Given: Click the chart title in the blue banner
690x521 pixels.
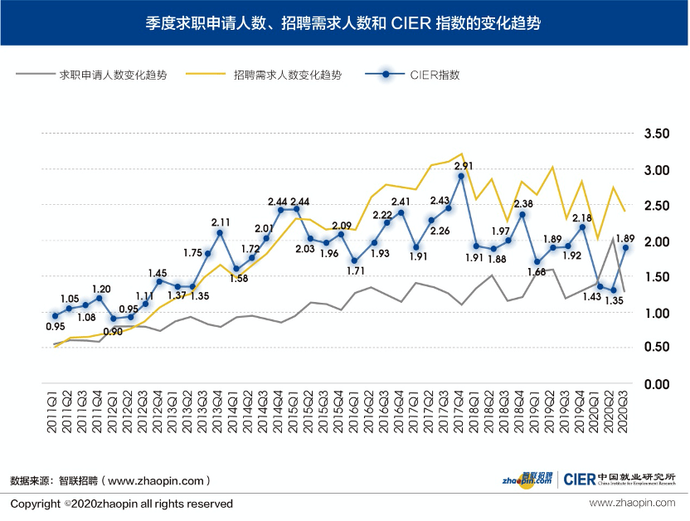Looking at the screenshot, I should (x=344, y=22).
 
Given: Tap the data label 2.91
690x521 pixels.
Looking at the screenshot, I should (x=464, y=166).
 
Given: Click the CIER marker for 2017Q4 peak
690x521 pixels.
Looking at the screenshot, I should (x=461, y=177).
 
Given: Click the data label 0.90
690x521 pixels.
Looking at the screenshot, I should (x=113, y=331).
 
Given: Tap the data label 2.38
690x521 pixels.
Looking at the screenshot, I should (x=523, y=204).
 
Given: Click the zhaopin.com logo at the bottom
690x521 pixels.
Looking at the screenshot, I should (x=526, y=479).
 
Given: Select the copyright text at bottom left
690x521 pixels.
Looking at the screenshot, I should (x=121, y=504).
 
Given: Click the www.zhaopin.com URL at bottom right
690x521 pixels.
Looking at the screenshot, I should (x=633, y=504).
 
